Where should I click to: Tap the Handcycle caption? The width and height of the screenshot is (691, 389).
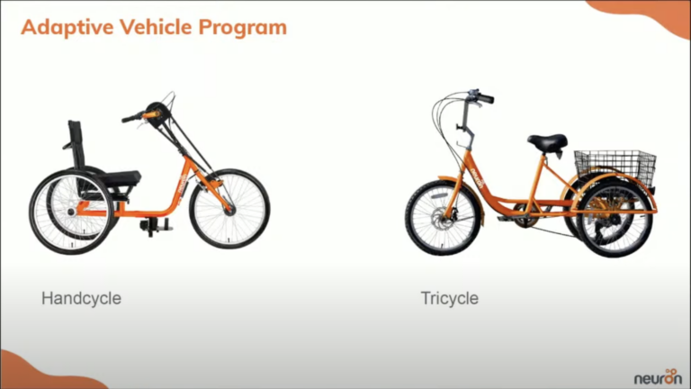[x=81, y=297]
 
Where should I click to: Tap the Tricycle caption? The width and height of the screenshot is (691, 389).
[x=449, y=297]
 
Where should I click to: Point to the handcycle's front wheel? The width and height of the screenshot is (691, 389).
[x=229, y=208]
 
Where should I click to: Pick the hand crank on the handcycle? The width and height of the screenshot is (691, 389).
[x=156, y=113]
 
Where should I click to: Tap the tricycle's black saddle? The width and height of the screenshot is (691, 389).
[x=547, y=142]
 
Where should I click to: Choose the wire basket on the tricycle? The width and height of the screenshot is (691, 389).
[x=615, y=165]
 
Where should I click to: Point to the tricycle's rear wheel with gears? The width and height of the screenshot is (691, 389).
[x=614, y=219]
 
